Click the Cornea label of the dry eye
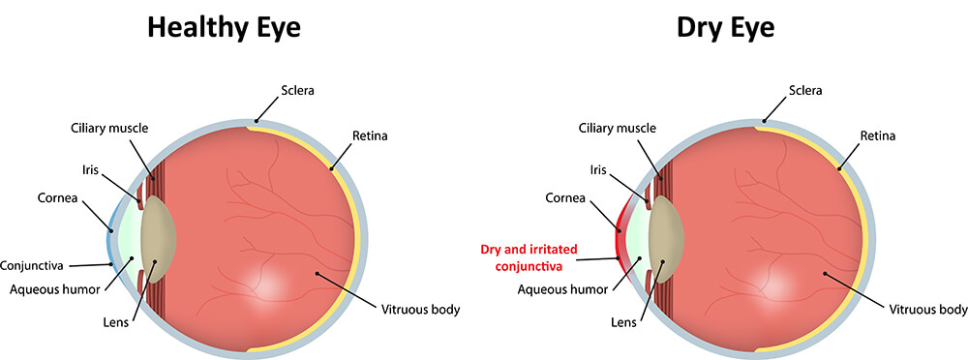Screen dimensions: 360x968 pos(565,198)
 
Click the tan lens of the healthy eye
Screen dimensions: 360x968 pos(157,235)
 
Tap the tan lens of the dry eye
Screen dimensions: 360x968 pos(666,235)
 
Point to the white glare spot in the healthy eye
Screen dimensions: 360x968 pos(272,282)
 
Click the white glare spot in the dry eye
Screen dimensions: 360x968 pos(781,282)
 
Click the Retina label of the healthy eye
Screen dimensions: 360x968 pos(368,136)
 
